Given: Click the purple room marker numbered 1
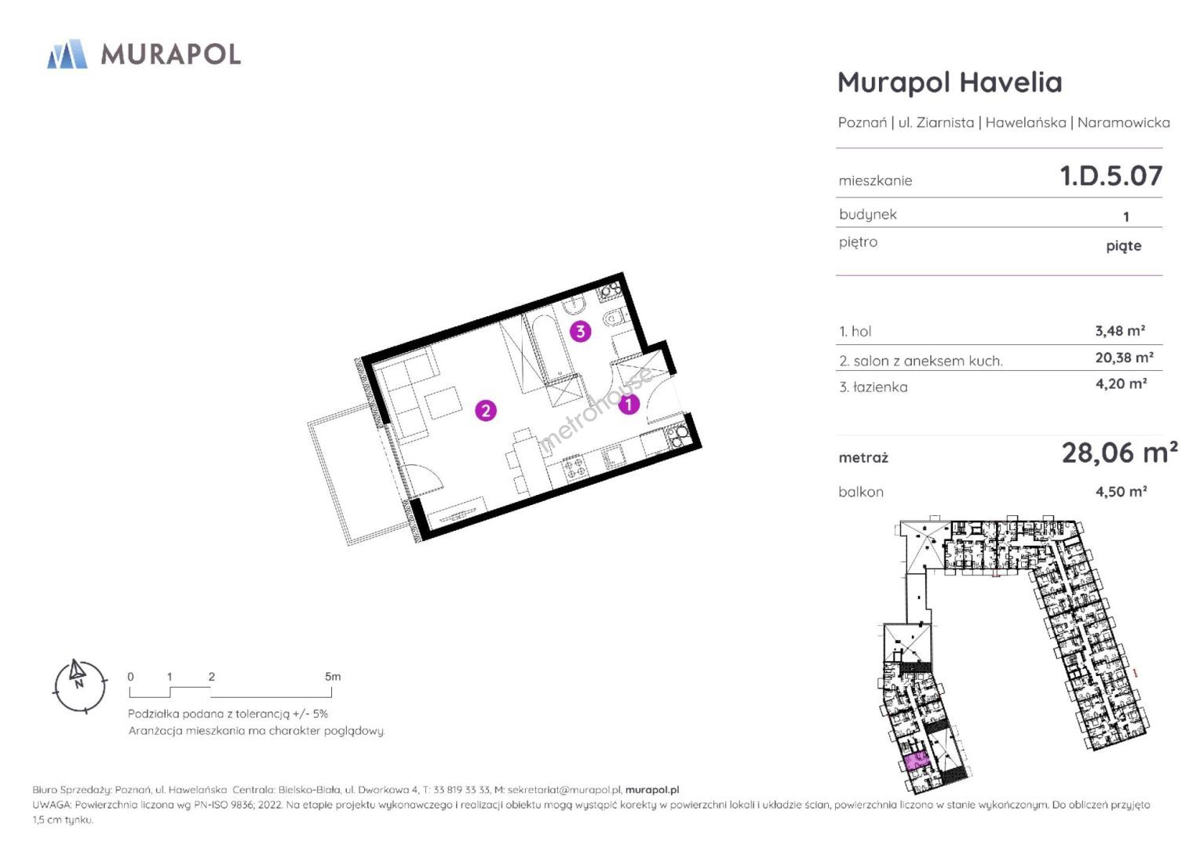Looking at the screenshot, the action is [629, 404].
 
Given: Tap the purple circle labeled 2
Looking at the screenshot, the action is [486, 411].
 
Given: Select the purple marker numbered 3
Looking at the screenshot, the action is [580, 332].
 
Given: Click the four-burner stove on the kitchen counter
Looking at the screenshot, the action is [574, 467].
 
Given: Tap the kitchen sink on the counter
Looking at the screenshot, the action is [613, 458].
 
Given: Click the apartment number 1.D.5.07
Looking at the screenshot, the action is [1111, 176].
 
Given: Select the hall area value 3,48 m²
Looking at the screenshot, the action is [1120, 331].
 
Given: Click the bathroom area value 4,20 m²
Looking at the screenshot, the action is [1122, 384].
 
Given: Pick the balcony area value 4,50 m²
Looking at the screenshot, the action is [1122, 492].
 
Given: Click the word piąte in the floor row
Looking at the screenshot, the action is [1124, 245].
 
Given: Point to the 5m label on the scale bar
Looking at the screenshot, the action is [333, 676].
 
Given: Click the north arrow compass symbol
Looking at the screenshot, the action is [79, 686].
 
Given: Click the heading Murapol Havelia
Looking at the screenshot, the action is [950, 82].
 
